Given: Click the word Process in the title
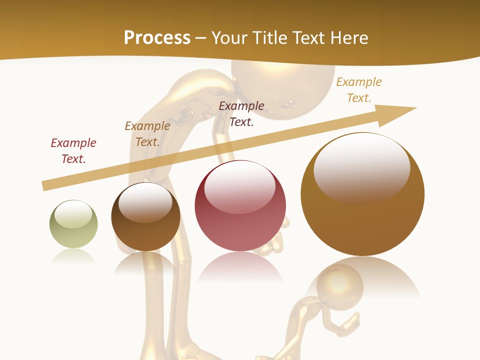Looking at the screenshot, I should click(x=157, y=38).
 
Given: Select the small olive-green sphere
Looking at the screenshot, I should click(x=73, y=224).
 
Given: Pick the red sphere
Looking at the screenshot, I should click(x=240, y=206).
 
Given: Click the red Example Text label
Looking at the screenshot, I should click(x=73, y=151).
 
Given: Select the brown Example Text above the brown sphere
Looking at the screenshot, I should click(x=147, y=134).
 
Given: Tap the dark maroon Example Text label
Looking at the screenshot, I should click(x=241, y=114).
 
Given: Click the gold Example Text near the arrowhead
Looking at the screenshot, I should click(x=358, y=90).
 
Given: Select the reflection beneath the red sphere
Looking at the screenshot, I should click(x=240, y=267).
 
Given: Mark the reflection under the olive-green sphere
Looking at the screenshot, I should click(x=73, y=257).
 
